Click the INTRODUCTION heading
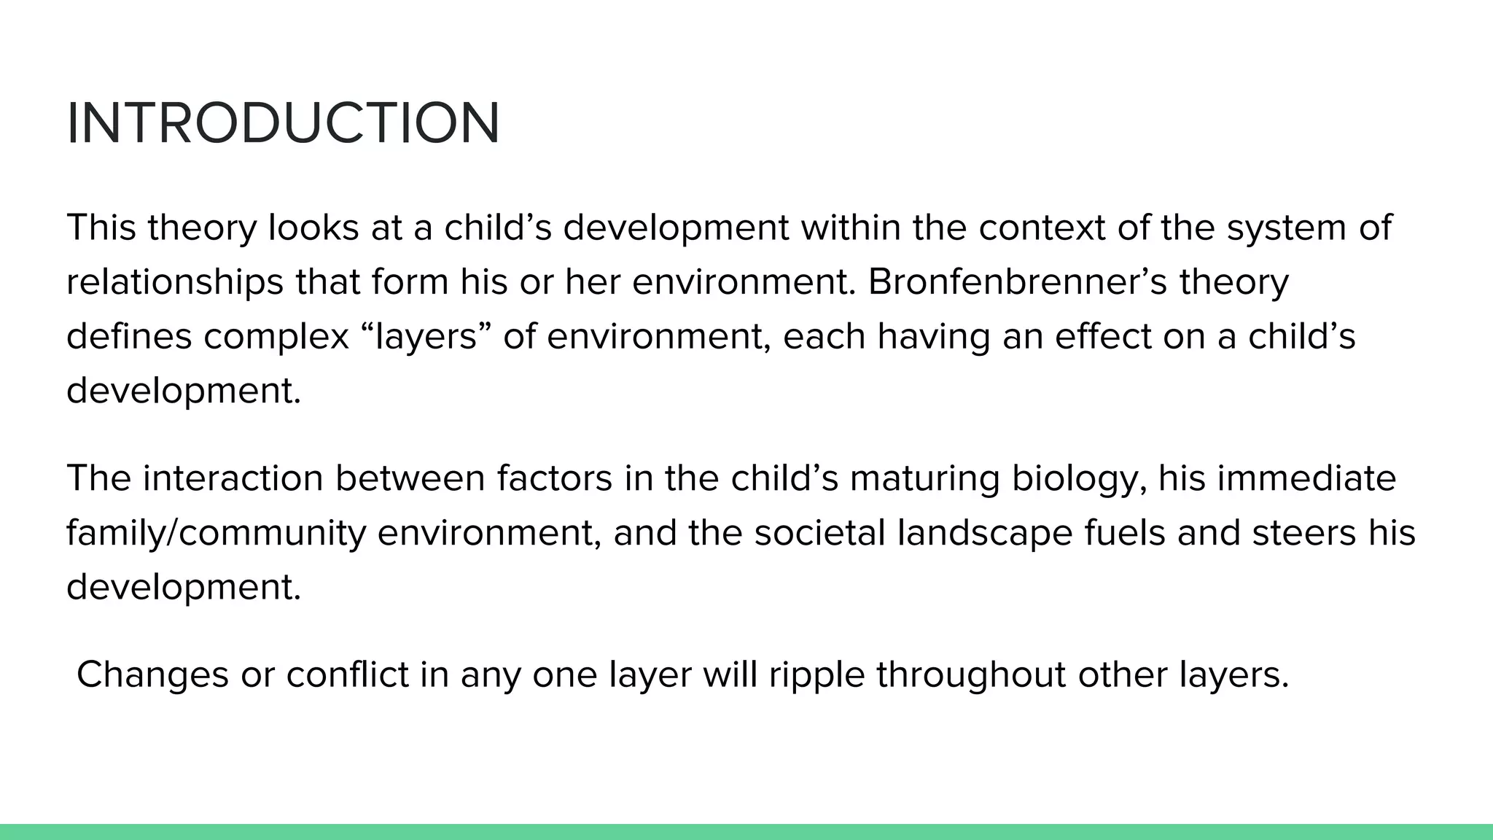(x=283, y=123)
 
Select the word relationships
(x=174, y=282)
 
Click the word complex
(x=276, y=336)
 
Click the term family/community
(x=216, y=533)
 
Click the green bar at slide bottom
(x=746, y=832)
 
